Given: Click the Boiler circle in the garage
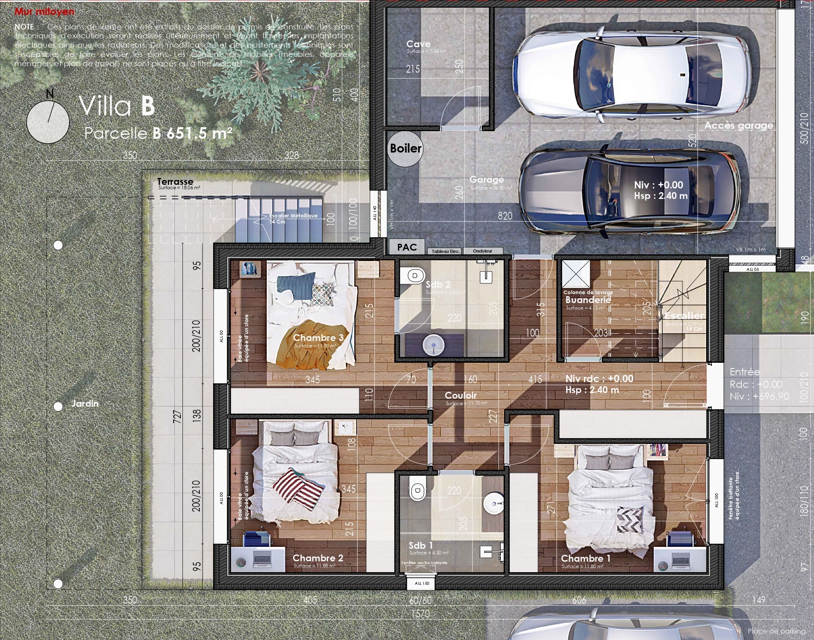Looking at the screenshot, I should coord(405,149).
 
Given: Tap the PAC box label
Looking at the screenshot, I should coord(406,247).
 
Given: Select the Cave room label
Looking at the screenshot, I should coord(419,44).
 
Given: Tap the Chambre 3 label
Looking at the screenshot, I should coord(318,338).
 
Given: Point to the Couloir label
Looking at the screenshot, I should coord(460,396).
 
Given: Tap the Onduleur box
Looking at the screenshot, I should coord(483,251).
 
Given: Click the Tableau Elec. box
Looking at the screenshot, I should coord(445,251).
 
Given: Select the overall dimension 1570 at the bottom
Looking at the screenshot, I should coord(420,614).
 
